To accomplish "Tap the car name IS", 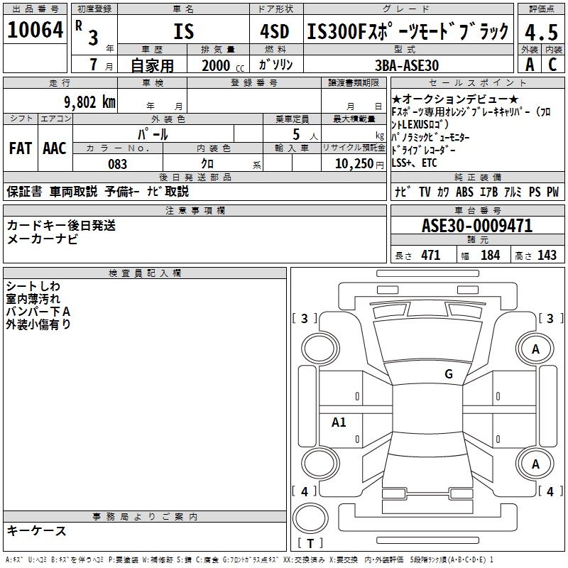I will click(183, 32).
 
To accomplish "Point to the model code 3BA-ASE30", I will click(407, 65).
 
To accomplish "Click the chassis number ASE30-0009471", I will click(476, 226).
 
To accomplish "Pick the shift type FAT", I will click(20, 148).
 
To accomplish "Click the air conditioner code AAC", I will click(54, 148).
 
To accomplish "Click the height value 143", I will click(547, 256).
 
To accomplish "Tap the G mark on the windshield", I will click(448, 373).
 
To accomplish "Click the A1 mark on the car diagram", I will click(339, 422).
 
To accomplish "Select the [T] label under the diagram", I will click(310, 544).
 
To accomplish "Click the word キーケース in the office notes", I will click(37, 530).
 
